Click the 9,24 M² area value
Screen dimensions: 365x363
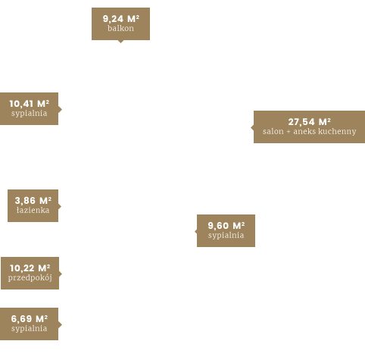click(121, 19)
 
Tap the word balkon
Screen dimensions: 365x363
click(120, 28)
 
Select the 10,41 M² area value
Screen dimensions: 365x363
click(30, 104)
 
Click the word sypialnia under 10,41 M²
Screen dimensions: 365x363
click(29, 113)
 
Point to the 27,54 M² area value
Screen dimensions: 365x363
click(310, 122)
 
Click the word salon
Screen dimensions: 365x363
click(273, 131)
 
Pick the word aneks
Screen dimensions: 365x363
click(304, 131)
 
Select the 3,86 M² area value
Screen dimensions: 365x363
click(33, 201)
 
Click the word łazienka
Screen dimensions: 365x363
click(33, 210)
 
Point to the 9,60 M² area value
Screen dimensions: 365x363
click(226, 226)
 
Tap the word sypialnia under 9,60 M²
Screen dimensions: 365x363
click(226, 235)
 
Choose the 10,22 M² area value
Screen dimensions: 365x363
click(30, 268)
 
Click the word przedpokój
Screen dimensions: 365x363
click(30, 278)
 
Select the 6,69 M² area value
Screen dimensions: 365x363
click(30, 319)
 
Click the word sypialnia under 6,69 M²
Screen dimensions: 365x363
click(29, 328)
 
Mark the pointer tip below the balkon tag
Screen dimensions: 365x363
click(120, 43)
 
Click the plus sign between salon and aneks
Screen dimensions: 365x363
click(289, 132)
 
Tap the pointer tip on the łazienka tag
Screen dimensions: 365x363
click(61, 206)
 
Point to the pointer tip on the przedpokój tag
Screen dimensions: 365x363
click(62, 274)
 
